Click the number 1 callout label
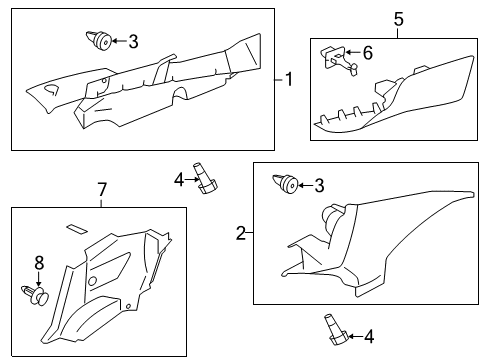coord(290,79)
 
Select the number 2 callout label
coord(240,233)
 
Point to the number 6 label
coord(367,52)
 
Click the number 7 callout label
coord(100,189)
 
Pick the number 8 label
coord(39,263)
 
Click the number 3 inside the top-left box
coord(133,41)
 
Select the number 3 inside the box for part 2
coord(319,184)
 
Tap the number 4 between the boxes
coord(179,180)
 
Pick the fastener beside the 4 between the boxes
coord(206,178)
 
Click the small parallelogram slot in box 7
coord(76,230)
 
